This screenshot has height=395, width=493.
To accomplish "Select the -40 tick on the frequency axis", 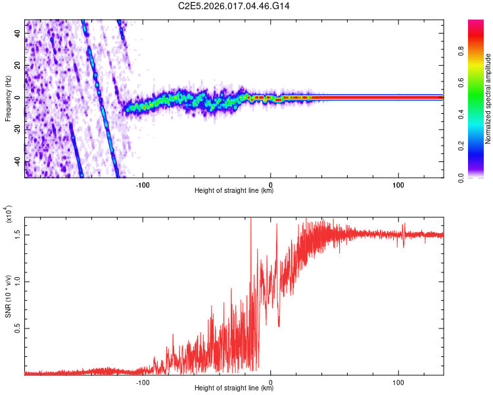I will coord(16,162).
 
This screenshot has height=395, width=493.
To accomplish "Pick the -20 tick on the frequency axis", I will coord(16,130).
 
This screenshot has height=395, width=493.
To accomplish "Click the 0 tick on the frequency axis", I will coord(20,97).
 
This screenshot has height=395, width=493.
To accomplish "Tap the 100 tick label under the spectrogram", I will coord(398,183).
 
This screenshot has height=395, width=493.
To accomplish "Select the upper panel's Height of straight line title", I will coord(234,191).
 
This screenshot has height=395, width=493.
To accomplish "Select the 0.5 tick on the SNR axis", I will coord(18,327).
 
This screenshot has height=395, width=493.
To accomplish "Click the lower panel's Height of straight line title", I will coord(234,388).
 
